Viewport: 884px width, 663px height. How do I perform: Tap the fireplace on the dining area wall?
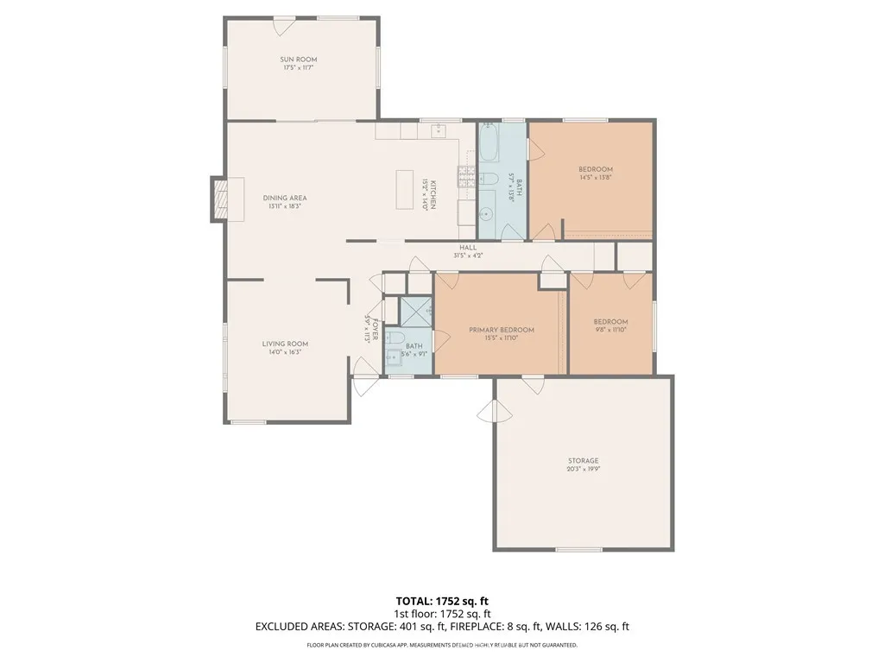coord(221,199)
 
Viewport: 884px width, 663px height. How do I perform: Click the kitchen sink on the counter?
coord(437,131)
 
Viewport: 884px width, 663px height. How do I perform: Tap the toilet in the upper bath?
coord(489,180)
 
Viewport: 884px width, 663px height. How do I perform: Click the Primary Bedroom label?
coord(502,330)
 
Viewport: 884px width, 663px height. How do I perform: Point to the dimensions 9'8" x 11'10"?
coord(609,330)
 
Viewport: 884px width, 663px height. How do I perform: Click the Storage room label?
coord(584,461)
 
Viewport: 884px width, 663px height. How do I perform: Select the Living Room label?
coord(285,344)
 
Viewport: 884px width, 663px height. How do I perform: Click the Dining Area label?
coord(285,198)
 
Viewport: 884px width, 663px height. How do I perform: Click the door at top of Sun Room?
coord(282,26)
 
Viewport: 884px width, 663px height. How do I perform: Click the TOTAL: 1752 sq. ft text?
coord(441,601)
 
